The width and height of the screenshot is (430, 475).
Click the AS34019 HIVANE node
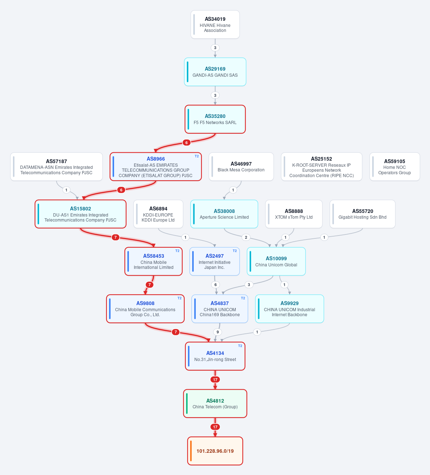[x=215, y=24]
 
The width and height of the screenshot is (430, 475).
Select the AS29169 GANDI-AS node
[x=215, y=72]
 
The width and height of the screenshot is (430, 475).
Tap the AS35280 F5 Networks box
[x=215, y=119]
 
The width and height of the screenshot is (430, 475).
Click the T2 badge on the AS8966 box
[x=197, y=156]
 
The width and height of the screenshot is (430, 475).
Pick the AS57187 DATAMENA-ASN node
[x=56, y=167]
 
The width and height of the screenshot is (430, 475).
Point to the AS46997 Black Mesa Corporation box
[x=241, y=167]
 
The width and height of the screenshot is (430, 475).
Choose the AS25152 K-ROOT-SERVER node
[x=321, y=167]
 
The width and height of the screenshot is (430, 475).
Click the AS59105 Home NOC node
[x=395, y=167]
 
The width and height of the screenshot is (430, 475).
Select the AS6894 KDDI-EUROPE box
[x=158, y=214]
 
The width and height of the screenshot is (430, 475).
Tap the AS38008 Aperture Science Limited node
[x=224, y=214]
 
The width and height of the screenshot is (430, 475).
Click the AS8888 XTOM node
[x=294, y=214]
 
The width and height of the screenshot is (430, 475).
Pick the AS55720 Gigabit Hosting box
[x=363, y=214]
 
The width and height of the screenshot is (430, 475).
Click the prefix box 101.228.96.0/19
[x=215, y=451]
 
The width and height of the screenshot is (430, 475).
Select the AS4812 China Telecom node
[x=215, y=404]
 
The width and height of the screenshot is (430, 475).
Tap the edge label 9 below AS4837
[x=217, y=332]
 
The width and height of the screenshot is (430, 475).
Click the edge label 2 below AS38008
[x=246, y=237]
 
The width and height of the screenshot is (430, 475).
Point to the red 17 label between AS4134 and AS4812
[x=215, y=380]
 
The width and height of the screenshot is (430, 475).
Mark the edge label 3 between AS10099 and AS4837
[x=249, y=285]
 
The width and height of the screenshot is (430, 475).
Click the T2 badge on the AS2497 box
[x=235, y=251]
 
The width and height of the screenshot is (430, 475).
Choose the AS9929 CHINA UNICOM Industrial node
[x=289, y=309]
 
